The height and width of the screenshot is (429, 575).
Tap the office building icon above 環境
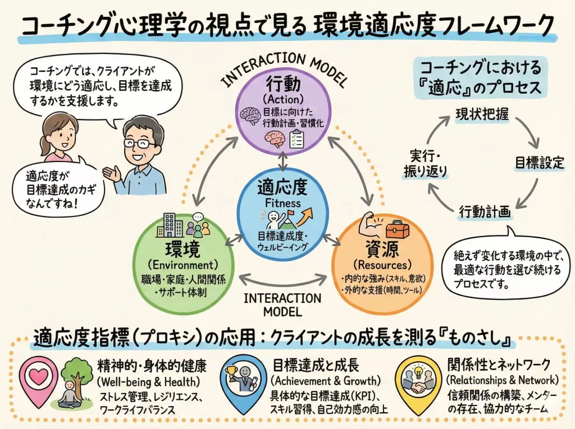point(171,225)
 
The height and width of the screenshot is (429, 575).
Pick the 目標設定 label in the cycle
point(540,163)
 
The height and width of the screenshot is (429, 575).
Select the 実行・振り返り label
point(429,163)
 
